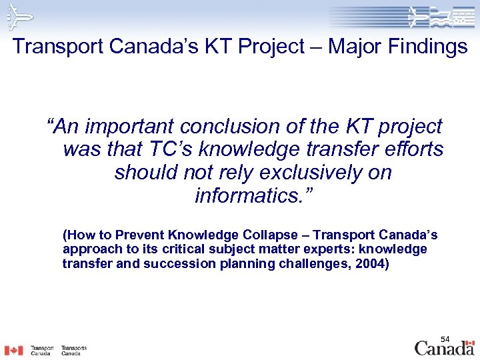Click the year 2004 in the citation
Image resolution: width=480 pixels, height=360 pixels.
tap(369, 263)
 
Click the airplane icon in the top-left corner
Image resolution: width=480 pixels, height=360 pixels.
tap(18, 15)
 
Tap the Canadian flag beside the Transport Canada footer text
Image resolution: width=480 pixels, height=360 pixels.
tap(13, 350)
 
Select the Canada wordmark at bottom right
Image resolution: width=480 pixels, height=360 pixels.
tap(445, 347)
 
